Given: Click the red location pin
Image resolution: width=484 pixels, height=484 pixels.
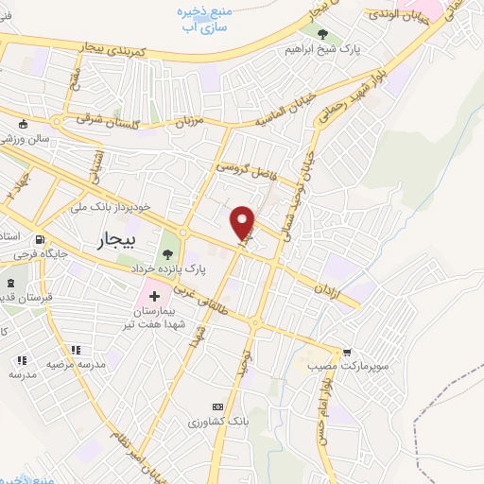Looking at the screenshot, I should [244, 221].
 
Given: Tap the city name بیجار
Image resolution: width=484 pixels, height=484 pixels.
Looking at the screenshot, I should [117, 241].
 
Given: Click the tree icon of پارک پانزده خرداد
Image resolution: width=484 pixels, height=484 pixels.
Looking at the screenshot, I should [167, 252].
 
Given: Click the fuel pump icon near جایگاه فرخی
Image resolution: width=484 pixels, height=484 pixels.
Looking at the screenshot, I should [39, 240].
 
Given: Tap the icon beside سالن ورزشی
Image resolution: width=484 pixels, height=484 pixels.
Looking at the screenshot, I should [22, 124].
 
